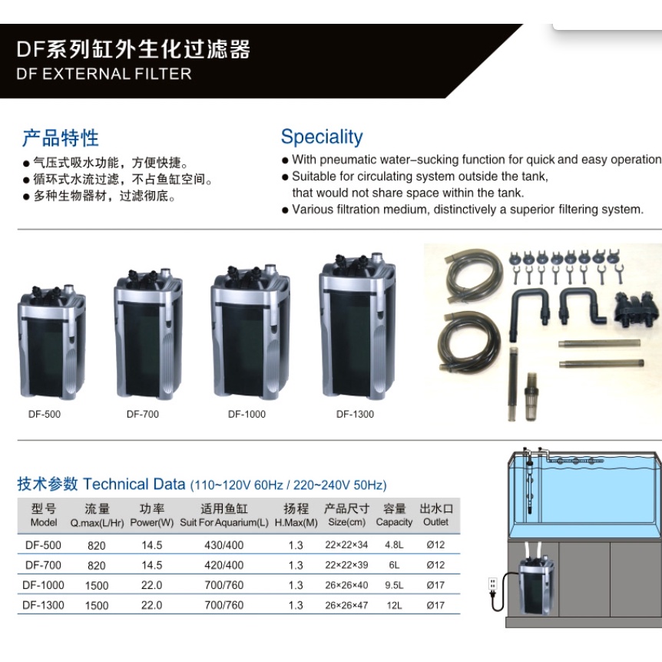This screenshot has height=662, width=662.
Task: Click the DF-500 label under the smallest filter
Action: (x=45, y=414)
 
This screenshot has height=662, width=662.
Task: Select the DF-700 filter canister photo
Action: (x=148, y=333)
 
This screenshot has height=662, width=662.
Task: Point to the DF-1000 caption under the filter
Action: (x=247, y=414)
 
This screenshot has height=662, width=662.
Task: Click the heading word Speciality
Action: (x=322, y=137)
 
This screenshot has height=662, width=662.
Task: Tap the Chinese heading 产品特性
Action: (x=61, y=138)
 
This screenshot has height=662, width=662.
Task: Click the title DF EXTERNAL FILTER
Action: (x=104, y=74)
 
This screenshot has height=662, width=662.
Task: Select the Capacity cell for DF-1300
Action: (x=394, y=605)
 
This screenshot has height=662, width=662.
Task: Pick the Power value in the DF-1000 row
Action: (x=151, y=585)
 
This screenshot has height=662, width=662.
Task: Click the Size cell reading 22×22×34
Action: (x=346, y=545)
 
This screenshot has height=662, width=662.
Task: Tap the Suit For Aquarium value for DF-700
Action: (x=223, y=565)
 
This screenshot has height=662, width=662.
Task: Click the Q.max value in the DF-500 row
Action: (x=96, y=545)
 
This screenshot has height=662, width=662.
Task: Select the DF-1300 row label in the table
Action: (x=43, y=605)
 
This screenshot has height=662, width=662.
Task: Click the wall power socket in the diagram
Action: (x=492, y=584)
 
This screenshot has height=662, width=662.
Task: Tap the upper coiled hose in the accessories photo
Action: (x=474, y=274)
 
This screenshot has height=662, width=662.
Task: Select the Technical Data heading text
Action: (x=134, y=485)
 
